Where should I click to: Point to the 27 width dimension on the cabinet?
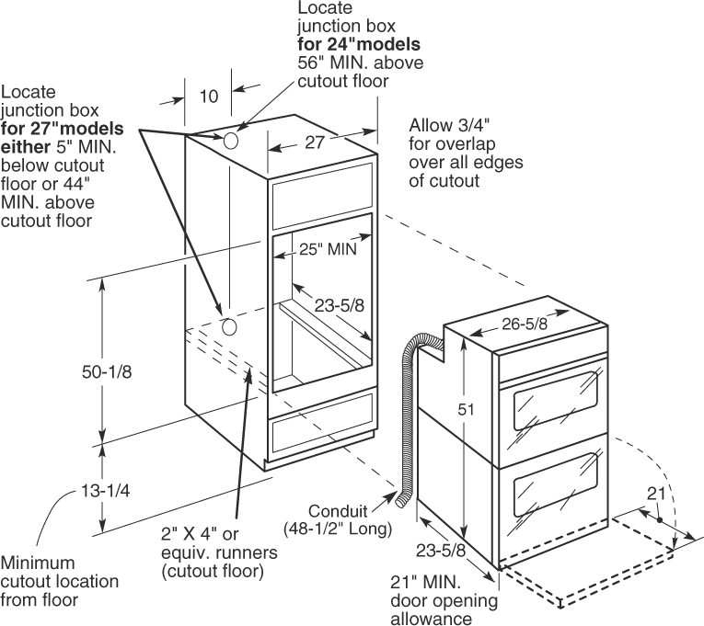(315, 142)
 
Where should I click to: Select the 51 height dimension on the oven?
(467, 410)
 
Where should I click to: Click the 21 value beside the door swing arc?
(655, 495)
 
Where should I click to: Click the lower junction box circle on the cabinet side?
(229, 326)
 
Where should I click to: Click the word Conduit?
(340, 511)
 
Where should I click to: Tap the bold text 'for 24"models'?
(358, 44)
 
